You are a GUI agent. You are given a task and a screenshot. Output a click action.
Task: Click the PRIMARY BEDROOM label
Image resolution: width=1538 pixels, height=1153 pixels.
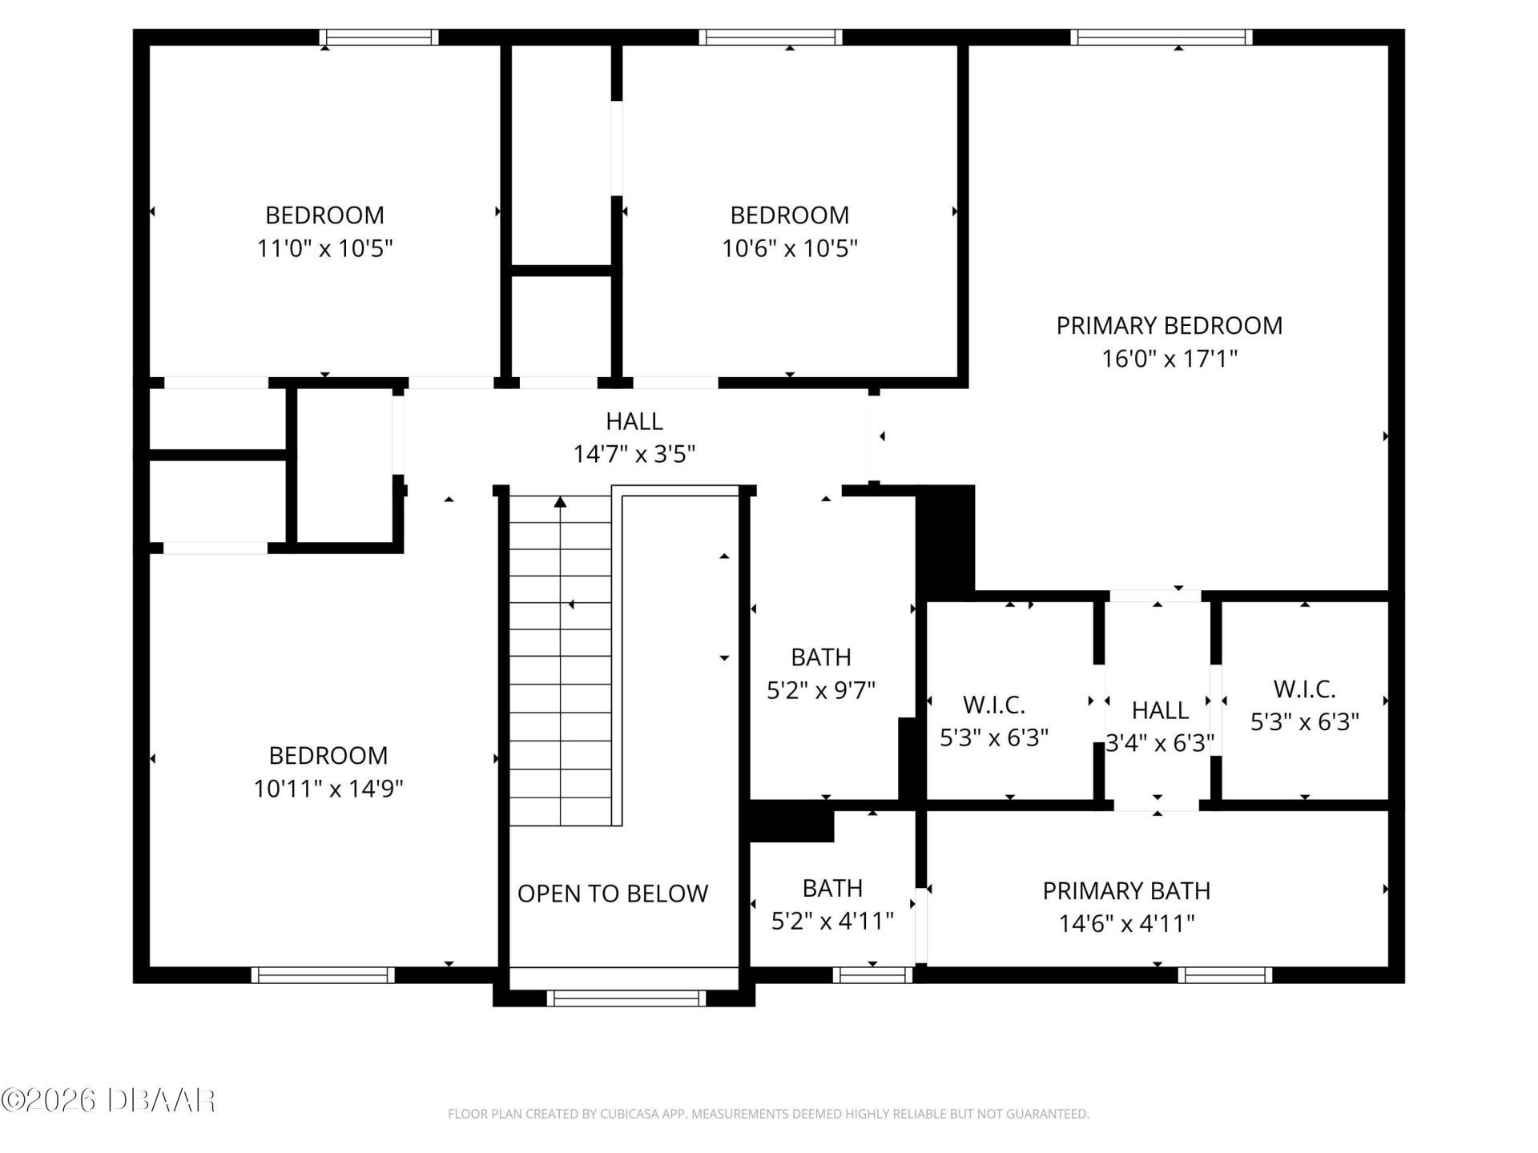click(1169, 326)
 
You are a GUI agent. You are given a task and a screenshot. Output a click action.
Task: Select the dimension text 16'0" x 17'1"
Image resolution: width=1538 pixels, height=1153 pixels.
click(1169, 359)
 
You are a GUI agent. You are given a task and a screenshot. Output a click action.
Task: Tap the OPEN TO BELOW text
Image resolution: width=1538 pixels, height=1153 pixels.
click(613, 894)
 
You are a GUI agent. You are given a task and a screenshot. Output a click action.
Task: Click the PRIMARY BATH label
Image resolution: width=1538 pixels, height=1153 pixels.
click(1126, 891)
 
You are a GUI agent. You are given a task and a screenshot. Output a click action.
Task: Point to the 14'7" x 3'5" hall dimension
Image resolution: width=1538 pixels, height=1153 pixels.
click(634, 455)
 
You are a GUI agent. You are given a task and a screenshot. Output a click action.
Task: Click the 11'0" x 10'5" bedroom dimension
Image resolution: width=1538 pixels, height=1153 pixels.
click(324, 248)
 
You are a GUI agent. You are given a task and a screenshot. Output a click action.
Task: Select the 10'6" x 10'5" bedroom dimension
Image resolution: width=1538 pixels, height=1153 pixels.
click(789, 248)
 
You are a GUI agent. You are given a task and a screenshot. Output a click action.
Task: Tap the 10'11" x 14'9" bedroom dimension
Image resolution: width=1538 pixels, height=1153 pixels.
click(328, 789)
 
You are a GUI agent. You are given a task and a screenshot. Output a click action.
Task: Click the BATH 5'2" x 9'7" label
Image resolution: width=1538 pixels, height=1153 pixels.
click(820, 657)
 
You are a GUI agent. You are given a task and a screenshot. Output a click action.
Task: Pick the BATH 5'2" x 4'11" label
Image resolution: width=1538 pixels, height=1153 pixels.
click(832, 888)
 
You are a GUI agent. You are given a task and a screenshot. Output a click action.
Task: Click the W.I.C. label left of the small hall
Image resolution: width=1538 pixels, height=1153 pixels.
click(993, 705)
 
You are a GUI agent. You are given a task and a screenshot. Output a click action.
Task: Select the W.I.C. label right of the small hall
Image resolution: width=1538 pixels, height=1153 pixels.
click(1304, 689)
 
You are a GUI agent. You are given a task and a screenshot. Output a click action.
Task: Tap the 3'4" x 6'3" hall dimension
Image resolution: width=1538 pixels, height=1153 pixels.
click(1160, 743)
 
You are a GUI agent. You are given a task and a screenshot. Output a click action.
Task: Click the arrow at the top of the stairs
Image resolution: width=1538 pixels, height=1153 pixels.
click(561, 502)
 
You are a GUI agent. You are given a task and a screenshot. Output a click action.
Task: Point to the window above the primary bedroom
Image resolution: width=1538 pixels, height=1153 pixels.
click(1162, 37)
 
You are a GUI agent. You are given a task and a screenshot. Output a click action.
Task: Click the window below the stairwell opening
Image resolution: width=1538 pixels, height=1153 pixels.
click(626, 998)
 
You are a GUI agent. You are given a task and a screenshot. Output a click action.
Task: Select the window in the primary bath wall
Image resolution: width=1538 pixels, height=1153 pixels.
click(1225, 974)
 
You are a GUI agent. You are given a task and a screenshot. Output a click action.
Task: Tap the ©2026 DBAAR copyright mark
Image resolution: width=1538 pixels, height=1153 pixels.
click(108, 1100)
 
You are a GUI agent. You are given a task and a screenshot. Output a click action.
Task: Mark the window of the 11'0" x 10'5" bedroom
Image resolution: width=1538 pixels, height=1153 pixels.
click(378, 37)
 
